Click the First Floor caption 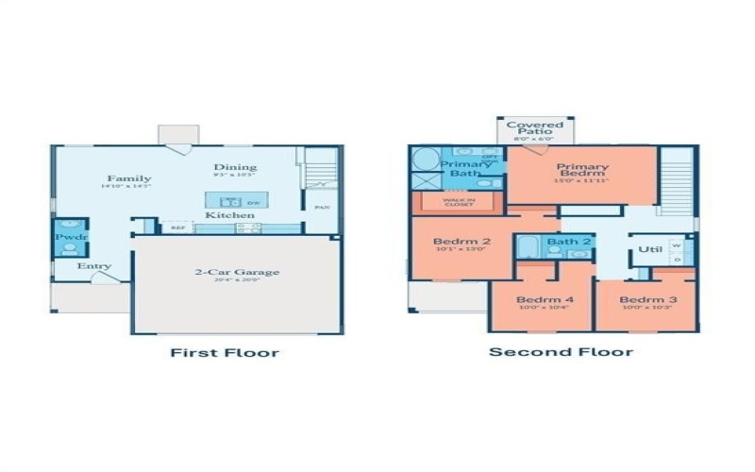(224, 353)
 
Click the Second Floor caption (561, 352)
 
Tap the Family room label (129, 178)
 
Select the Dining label (235, 168)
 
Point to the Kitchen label (230, 215)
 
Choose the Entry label (94, 266)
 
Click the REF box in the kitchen (177, 227)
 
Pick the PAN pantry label (322, 207)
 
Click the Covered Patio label (535, 128)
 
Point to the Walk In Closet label (460, 201)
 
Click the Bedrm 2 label (461, 242)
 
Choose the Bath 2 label (569, 243)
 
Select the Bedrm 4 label (538, 301)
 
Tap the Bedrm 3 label (642, 301)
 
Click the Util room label (649, 250)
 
